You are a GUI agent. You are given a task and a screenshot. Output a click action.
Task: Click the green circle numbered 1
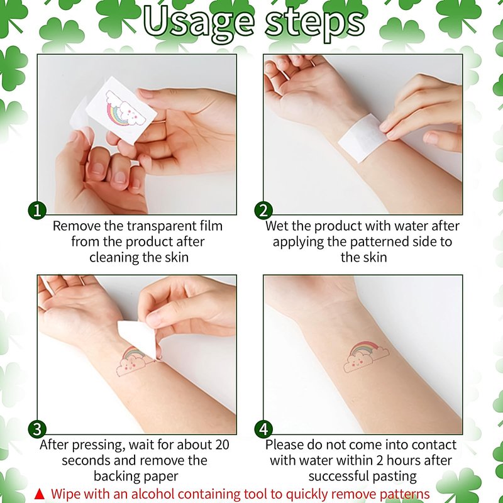pyautogui.click(x=37, y=211)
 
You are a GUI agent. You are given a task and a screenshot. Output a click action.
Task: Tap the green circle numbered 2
pyautogui.click(x=263, y=211)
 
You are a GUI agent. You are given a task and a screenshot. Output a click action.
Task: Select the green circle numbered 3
pyautogui.click(x=37, y=429)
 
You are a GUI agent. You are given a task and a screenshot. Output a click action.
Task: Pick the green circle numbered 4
pyautogui.click(x=263, y=429)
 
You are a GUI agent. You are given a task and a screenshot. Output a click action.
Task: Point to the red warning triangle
pyautogui.click(x=40, y=494)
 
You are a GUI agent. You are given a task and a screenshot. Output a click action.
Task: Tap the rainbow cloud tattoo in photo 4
pyautogui.click(x=365, y=357)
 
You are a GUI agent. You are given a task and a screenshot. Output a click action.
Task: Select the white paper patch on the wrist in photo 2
pyautogui.click(x=363, y=138)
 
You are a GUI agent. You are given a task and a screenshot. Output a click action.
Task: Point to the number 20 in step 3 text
pyautogui.click(x=223, y=445)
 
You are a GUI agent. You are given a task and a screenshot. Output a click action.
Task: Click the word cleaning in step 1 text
pyautogui.click(x=114, y=258)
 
